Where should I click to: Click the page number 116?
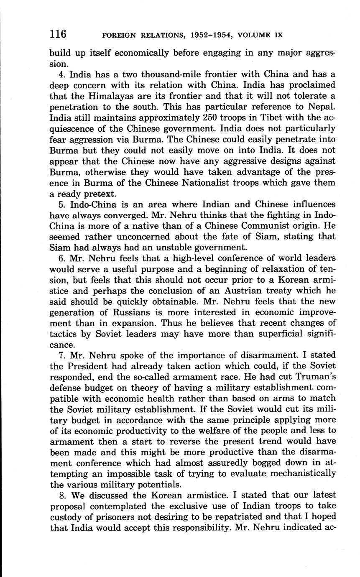click(58, 34)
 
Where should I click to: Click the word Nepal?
click(322, 107)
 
